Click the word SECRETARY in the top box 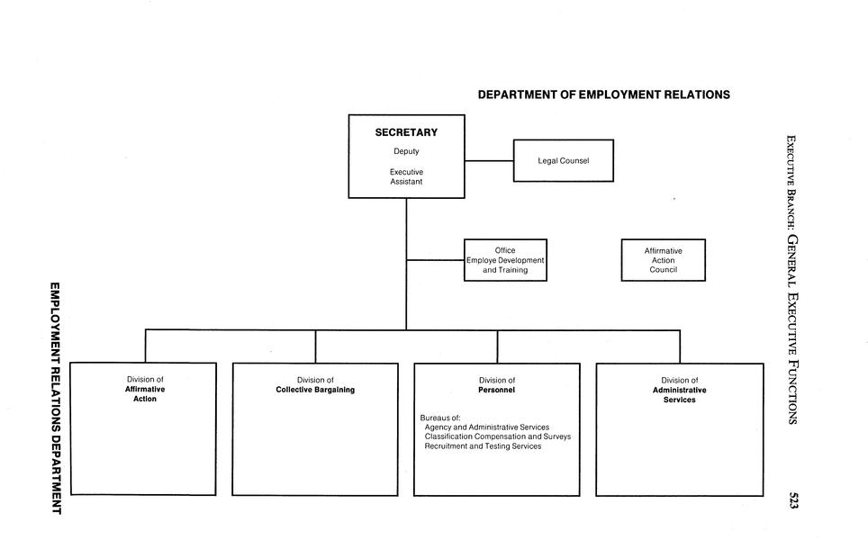point(406,132)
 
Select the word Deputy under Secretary point(406,151)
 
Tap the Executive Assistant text point(406,176)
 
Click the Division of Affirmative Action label point(145,389)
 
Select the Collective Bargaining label point(315,390)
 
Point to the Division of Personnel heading point(497,385)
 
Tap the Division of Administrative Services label point(680,390)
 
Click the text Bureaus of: point(440,418)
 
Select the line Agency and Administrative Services point(487,427)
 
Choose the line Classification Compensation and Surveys point(498,436)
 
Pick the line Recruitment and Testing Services point(484,445)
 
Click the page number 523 point(792,499)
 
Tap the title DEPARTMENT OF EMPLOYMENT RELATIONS point(604,94)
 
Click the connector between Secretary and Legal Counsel point(489,161)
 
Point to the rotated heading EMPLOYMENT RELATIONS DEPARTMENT point(56,399)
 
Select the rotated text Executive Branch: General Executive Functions point(792,280)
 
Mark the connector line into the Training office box point(435,260)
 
